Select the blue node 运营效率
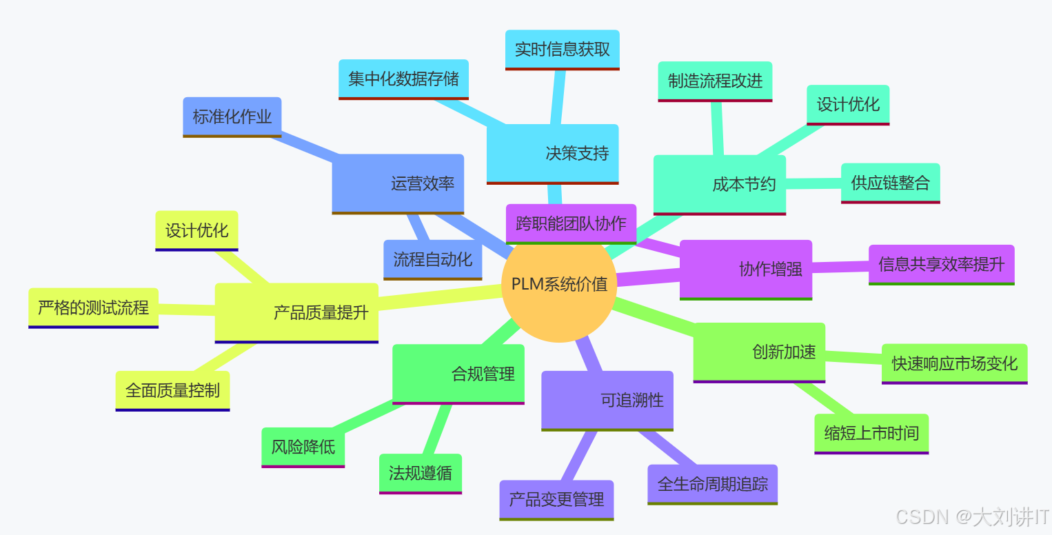tap(398, 183)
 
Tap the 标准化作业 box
tap(232, 117)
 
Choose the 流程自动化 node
tap(433, 259)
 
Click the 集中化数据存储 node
tap(403, 79)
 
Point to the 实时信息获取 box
tap(562, 50)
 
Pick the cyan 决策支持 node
tap(553, 153)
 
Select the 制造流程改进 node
tap(715, 81)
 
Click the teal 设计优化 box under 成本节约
tap(848, 104)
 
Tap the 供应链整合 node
tap(890, 183)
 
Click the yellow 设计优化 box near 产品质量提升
tap(196, 230)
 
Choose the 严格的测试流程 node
tap(93, 307)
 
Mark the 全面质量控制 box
tap(172, 390)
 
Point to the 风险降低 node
tap(303, 447)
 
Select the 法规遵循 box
tap(420, 473)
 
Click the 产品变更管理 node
tap(556, 499)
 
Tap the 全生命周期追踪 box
tap(712, 484)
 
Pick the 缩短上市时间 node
tap(871, 433)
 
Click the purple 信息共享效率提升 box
tap(941, 264)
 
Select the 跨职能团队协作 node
tap(571, 223)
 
